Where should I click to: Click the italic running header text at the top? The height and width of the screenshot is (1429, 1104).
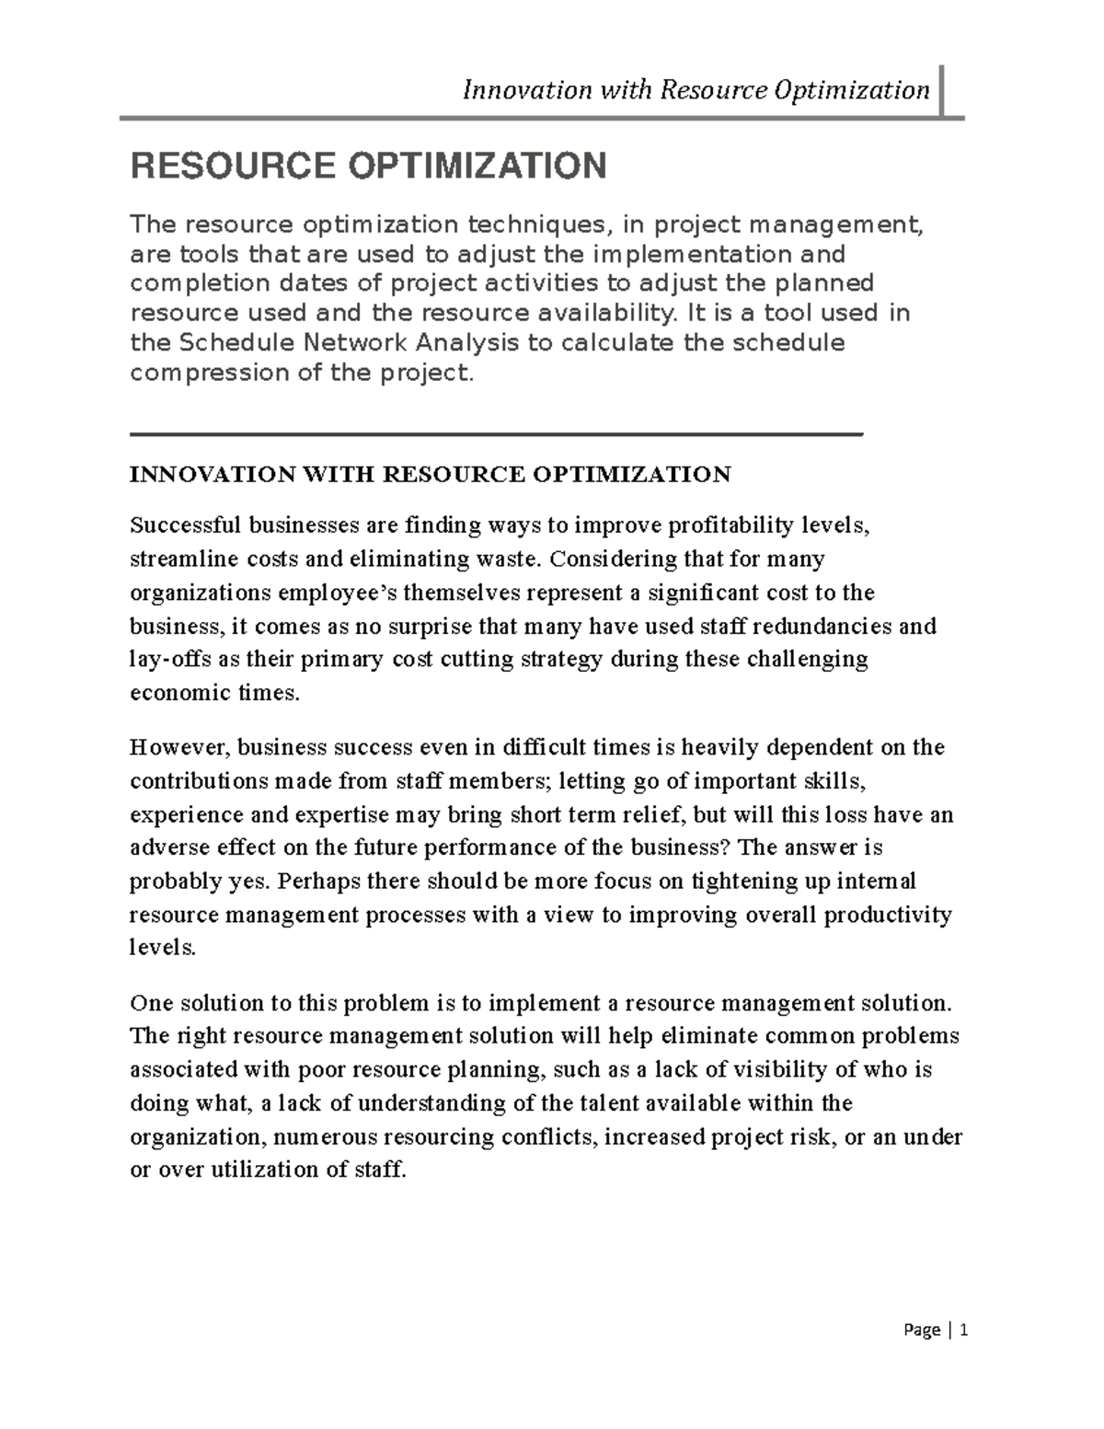click(696, 90)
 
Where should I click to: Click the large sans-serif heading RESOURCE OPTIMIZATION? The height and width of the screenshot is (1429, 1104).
click(368, 167)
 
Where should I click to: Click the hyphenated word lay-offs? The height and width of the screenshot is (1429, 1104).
click(163, 660)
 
